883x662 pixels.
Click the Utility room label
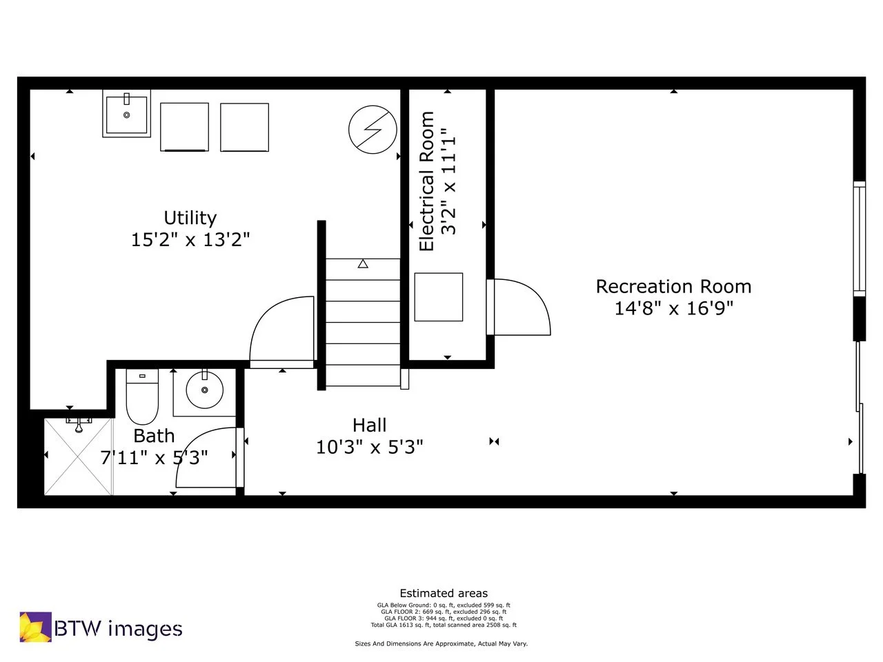click(x=190, y=218)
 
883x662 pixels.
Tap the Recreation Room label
click(x=673, y=286)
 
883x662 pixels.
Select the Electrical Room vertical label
click(x=427, y=181)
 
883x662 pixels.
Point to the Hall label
click(x=369, y=425)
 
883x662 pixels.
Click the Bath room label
click(x=154, y=436)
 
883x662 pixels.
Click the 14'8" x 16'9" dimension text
click(x=673, y=308)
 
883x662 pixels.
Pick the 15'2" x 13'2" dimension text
click(x=190, y=240)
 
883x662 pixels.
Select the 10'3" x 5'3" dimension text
click(x=369, y=448)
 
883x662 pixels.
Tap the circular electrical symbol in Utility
click(x=373, y=130)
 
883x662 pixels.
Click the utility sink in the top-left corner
click(x=126, y=114)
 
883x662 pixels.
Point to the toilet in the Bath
click(x=143, y=398)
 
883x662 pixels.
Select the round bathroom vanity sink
click(x=204, y=390)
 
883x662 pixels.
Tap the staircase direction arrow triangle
click(x=363, y=263)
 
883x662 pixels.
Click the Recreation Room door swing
click(x=521, y=308)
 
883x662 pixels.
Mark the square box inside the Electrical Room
click(x=438, y=297)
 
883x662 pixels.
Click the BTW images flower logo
click(x=35, y=627)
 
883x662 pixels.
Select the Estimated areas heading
click(x=444, y=593)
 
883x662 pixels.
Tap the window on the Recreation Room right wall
click(x=859, y=239)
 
